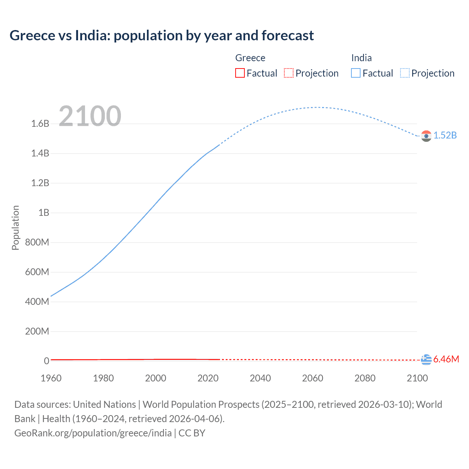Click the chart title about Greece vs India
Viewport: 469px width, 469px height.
[x=162, y=36]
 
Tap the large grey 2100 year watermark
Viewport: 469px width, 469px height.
[x=90, y=116]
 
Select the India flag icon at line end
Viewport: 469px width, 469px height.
[x=426, y=136]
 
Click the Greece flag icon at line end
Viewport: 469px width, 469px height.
[x=426, y=360]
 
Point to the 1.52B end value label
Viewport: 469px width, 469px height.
[x=445, y=136]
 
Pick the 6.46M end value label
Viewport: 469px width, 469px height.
[x=446, y=359]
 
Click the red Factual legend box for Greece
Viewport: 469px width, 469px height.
[x=240, y=73]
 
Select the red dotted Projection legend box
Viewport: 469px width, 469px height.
[x=289, y=73]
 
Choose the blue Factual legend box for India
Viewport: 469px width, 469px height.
[x=356, y=73]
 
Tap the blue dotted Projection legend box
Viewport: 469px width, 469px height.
[x=405, y=73]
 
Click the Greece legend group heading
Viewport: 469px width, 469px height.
[x=250, y=58]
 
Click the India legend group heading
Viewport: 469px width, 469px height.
[x=361, y=58]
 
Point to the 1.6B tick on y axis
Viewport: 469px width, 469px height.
[x=40, y=124]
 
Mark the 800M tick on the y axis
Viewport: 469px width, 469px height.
[x=37, y=243]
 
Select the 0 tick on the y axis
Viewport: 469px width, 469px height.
[x=47, y=361]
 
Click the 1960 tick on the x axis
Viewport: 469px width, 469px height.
[x=51, y=378]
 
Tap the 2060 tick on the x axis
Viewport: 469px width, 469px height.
[x=313, y=378]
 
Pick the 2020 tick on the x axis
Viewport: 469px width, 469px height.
[x=208, y=378]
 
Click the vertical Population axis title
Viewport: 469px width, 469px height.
[x=15, y=228]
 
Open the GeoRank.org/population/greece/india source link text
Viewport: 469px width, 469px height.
[x=93, y=433]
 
